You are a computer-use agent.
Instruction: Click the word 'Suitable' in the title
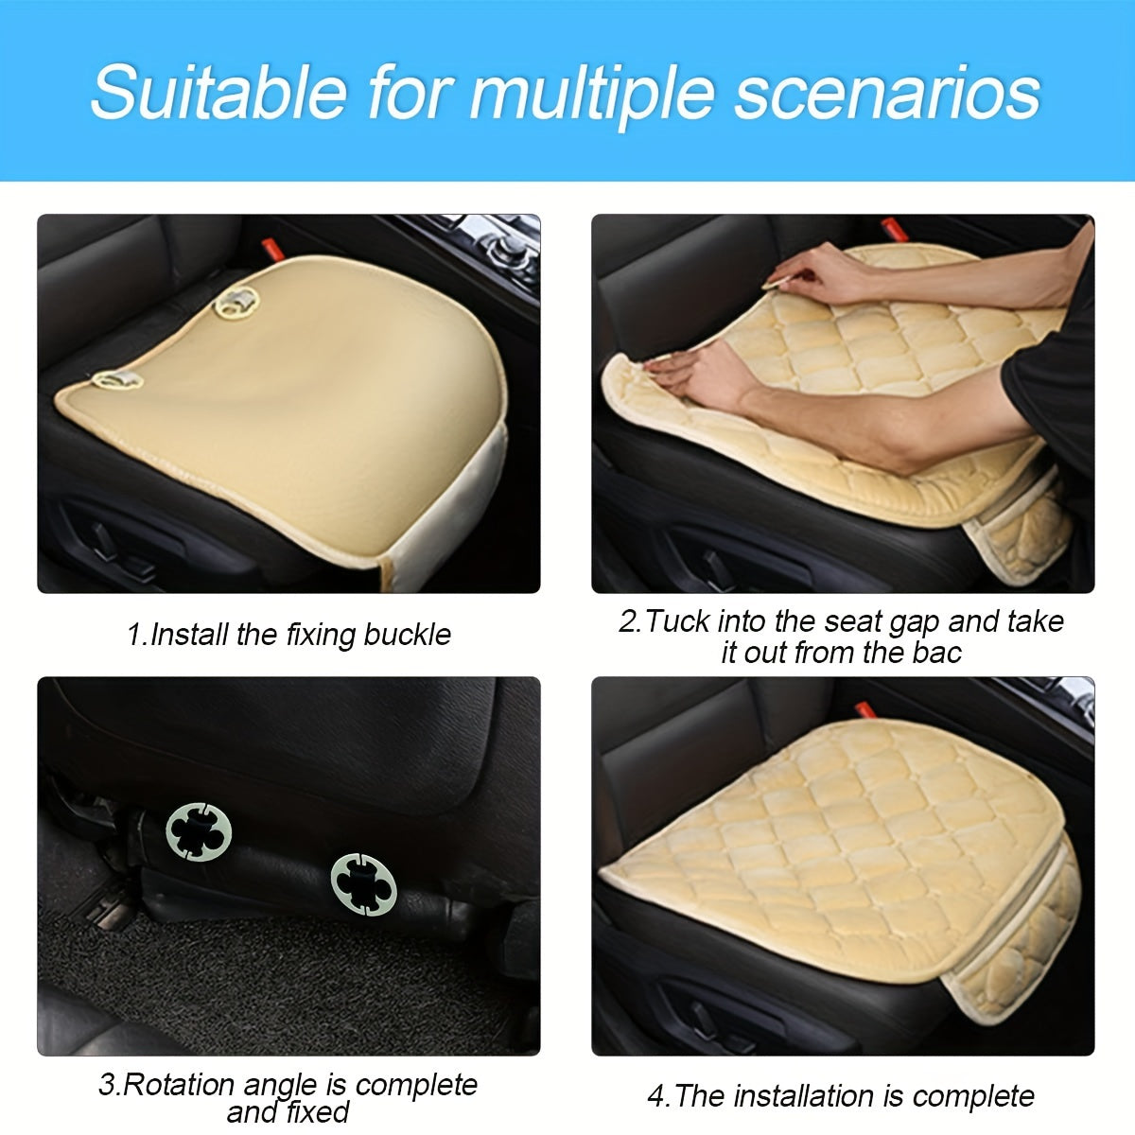218,92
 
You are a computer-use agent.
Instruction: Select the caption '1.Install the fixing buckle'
288,634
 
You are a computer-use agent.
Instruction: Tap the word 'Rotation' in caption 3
181,1084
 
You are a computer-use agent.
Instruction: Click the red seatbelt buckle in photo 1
271,250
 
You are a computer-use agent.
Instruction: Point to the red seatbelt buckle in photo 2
890,230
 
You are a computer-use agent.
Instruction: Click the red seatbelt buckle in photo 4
864,709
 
